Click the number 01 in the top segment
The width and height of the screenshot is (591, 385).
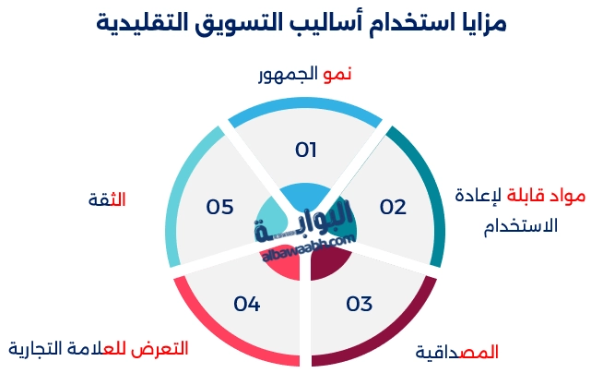pos(305,150)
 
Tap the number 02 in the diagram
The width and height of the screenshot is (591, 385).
pos(392,206)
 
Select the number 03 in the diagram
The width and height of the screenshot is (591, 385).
pos(359,304)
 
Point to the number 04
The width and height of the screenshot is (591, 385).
pos(247,304)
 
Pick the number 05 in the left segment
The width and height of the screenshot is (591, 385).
pos(219,206)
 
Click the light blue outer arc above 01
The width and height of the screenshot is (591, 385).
pos(305,101)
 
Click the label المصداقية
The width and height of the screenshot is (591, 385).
pos(457,353)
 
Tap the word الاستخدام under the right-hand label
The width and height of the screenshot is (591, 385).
pos(520,224)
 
